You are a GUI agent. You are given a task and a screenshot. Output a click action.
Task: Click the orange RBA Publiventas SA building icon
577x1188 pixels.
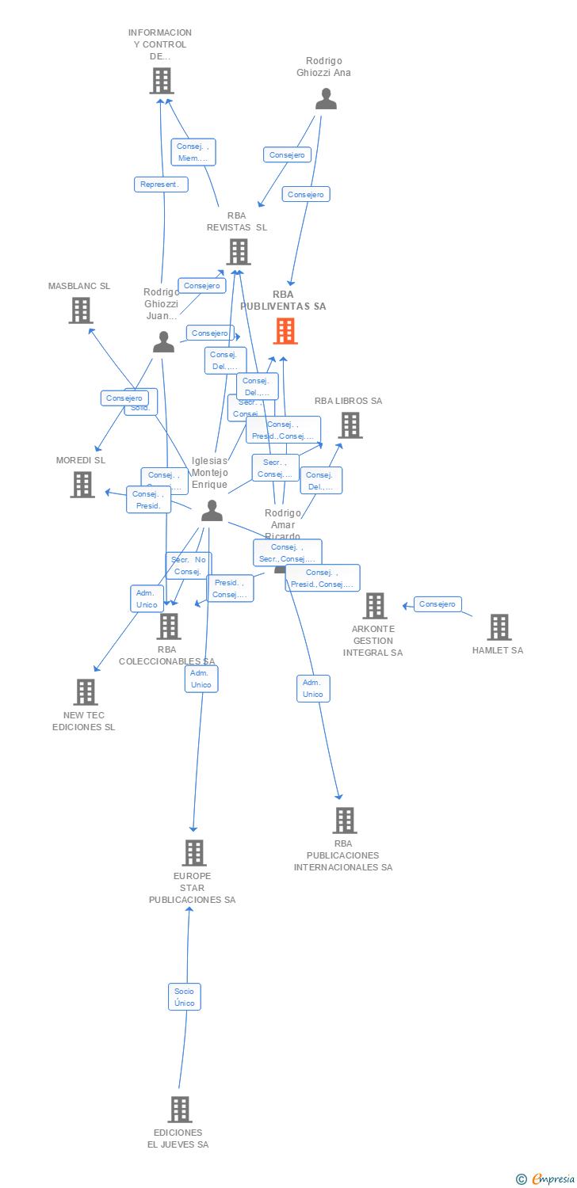(285, 331)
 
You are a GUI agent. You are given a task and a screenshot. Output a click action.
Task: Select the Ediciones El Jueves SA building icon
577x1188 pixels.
(180, 1109)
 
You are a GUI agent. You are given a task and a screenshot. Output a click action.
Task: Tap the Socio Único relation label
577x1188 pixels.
(184, 997)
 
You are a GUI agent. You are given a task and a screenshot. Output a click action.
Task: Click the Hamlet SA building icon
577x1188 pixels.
(499, 627)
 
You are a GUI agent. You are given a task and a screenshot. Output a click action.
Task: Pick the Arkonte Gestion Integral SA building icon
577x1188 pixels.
(374, 606)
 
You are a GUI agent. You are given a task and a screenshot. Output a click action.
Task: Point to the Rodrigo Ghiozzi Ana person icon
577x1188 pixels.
(326, 99)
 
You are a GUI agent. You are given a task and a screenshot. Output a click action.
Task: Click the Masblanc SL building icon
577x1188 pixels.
(80, 310)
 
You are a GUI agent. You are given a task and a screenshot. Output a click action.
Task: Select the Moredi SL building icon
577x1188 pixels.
(82, 484)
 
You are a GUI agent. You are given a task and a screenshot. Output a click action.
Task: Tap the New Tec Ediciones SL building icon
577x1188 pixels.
(85, 692)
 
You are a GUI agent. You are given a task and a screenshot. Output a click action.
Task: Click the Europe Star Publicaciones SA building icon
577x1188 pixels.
(194, 853)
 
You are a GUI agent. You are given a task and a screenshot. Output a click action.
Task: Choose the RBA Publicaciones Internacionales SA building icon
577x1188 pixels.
(344, 821)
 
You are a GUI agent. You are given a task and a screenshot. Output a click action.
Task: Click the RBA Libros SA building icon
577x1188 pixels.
(350, 425)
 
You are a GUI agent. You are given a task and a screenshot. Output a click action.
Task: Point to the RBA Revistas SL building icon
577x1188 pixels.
(238, 252)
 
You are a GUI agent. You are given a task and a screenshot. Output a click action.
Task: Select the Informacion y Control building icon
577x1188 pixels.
(161, 81)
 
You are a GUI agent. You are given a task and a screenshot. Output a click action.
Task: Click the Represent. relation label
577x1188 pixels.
(161, 185)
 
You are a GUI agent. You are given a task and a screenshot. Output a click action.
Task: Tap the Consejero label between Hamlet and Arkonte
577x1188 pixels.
(438, 604)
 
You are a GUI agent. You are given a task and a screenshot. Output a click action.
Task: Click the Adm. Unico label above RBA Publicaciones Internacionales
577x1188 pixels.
(313, 688)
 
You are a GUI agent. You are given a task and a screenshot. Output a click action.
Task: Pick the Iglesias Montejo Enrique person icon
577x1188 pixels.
(212, 511)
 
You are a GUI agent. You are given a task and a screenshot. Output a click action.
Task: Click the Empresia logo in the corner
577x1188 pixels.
(546, 1178)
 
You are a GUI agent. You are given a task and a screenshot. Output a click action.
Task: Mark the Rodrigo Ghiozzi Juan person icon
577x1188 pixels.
(163, 342)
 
